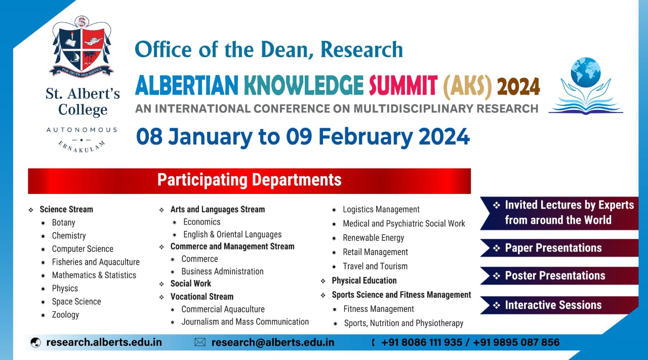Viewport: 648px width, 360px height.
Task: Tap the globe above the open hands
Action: [586, 72]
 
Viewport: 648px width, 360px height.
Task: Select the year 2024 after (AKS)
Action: [518, 86]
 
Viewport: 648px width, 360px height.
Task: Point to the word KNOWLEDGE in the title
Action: [303, 86]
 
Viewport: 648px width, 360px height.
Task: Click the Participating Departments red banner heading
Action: [250, 181]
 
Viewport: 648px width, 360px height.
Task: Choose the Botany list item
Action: [63, 223]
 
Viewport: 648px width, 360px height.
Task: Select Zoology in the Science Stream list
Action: [65, 314]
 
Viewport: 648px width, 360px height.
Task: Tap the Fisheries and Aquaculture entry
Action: [96, 262]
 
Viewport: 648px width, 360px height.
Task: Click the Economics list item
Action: [201, 222]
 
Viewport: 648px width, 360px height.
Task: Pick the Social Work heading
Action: [191, 284]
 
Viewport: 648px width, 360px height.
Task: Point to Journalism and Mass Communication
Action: [245, 322]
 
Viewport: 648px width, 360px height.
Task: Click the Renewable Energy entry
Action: [373, 238]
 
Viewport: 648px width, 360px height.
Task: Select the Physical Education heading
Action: [364, 281]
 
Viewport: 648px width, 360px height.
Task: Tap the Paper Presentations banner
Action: [559, 248]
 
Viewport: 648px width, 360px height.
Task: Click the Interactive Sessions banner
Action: [559, 305]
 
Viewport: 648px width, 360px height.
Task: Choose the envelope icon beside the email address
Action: [200, 342]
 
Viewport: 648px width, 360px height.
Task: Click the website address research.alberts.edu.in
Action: [104, 342]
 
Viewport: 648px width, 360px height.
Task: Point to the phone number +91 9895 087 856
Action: [516, 342]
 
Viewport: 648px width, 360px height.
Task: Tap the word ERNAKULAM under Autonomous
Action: [82, 147]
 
